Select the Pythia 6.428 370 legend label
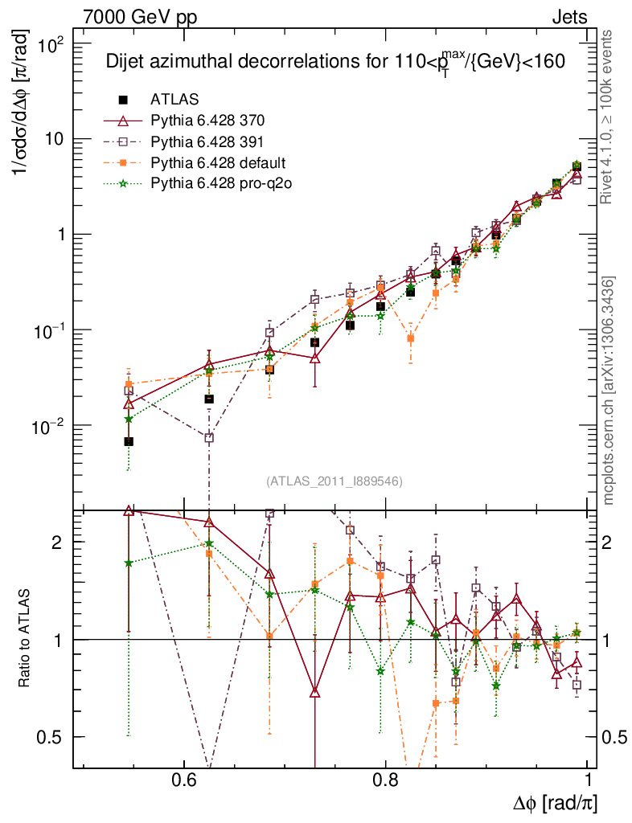pyautogui.click(x=207, y=121)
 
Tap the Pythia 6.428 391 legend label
pyautogui.click(x=207, y=141)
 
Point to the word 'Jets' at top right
pyautogui.click(x=569, y=17)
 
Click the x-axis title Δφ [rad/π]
pyautogui.click(x=555, y=804)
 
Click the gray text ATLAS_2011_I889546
pyautogui.click(x=334, y=481)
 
